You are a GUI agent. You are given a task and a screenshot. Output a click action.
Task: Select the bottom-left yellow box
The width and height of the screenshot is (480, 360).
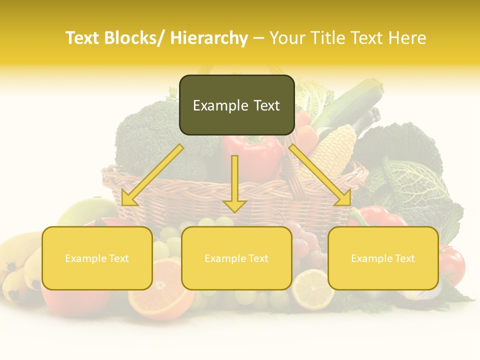[97, 258]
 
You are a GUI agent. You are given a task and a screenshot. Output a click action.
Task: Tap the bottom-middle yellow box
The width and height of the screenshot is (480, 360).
[236, 258]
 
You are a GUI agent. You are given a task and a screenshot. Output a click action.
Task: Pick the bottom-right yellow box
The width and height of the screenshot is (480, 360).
[383, 258]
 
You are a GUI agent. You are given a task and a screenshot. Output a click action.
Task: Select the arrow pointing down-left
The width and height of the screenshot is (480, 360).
[150, 175]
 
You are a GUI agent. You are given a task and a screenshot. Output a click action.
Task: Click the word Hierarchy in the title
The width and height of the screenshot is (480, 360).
[209, 38]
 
